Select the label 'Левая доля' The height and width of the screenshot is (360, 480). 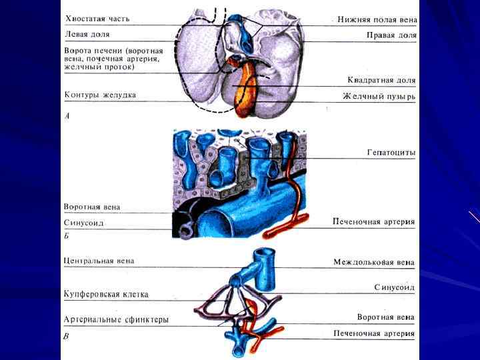[x=87, y=33]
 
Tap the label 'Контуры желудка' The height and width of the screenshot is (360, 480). [x=100, y=95]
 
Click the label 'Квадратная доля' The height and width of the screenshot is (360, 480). [x=381, y=81]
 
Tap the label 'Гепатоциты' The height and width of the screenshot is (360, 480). [x=391, y=153]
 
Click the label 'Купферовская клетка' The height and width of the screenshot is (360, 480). [x=106, y=293]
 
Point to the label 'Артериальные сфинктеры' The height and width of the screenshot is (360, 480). [x=116, y=319]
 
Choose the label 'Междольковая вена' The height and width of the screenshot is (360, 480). [x=374, y=262]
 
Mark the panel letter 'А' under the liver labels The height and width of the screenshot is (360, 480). [x=66, y=115]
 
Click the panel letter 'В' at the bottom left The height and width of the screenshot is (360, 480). [x=65, y=337]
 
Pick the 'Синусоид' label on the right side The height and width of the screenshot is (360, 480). [x=395, y=287]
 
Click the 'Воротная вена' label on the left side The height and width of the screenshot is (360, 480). [x=92, y=207]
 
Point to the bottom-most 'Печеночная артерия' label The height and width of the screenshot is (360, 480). [x=374, y=333]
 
